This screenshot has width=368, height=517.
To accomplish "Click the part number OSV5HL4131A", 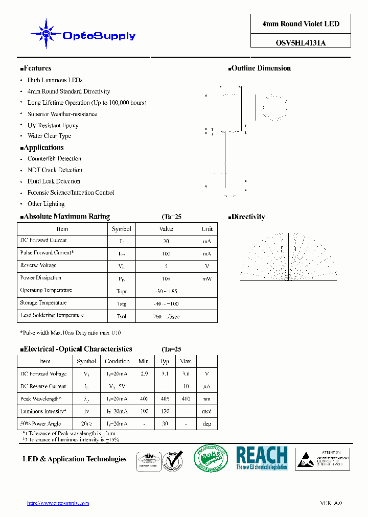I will pos(301,43).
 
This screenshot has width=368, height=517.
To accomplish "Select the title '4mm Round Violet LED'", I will pos(301,24).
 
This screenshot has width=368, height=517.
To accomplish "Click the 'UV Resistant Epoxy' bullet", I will pos(53,125).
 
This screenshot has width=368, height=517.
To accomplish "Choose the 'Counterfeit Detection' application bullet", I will pos(54,159).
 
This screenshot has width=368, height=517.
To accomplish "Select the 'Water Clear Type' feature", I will pos(49,136).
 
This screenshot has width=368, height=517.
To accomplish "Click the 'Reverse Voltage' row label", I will pos(38,266).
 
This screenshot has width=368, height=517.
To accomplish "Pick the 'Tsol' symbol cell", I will pos(122,316).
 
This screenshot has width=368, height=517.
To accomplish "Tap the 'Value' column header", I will pos(166,229).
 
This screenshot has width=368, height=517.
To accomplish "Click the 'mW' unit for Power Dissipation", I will pos(206,279).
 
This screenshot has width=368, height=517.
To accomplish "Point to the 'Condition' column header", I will pos(117,361).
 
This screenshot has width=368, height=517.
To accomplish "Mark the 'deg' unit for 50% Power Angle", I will pos(206,424).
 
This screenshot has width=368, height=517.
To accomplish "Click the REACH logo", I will pos(261,458).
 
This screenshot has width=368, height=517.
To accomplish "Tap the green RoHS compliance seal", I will pos(211,458).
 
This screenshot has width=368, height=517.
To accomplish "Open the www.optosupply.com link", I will pos(58,503).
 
